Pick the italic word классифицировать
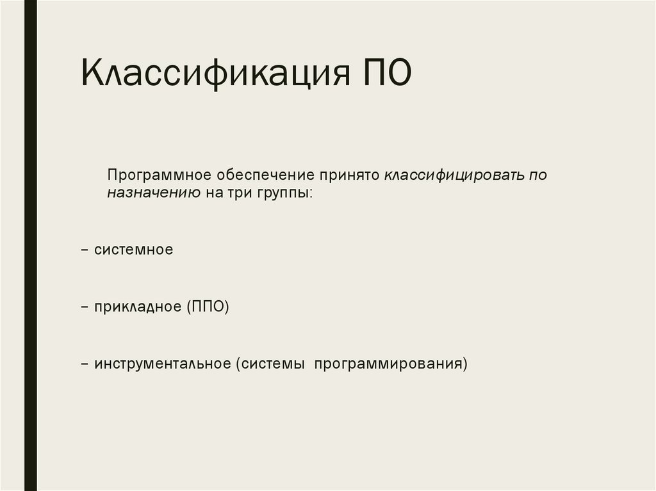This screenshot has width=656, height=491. pos(454,175)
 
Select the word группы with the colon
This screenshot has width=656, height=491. pos(284,193)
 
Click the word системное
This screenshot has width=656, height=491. pos(133,250)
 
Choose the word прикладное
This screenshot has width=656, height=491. pos(138,307)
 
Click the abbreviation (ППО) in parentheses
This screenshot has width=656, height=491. pos(208,307)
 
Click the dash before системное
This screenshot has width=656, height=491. pos(85,250)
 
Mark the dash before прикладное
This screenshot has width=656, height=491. pos(85,307)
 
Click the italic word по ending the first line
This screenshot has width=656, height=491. pos(538,175)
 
